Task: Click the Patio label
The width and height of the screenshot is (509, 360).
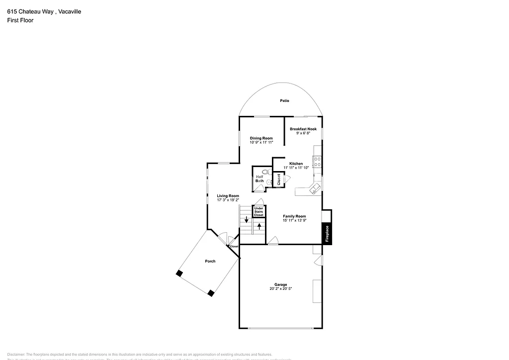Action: [x=284, y=101]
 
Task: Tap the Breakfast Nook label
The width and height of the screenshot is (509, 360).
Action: [x=303, y=129]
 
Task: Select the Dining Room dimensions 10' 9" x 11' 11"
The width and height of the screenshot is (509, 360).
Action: [x=261, y=143]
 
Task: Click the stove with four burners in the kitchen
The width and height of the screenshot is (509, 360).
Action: [x=317, y=161]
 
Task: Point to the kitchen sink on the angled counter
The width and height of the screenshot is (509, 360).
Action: [x=314, y=188]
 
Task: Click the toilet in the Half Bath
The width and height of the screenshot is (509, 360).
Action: [x=265, y=172]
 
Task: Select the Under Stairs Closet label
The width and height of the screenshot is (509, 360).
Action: [x=258, y=211]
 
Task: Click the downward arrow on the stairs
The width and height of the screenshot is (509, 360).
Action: [x=246, y=219]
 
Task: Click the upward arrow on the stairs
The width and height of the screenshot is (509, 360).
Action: [x=259, y=226]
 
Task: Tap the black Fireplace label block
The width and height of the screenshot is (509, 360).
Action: [x=327, y=234]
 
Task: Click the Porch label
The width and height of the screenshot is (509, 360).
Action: [x=210, y=261]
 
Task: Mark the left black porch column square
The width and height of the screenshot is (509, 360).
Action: [x=179, y=273]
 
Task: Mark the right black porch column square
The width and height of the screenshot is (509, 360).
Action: [x=211, y=293]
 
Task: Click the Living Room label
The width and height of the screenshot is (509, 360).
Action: [x=228, y=196]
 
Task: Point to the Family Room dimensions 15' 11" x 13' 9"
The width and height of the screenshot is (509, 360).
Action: [x=294, y=220]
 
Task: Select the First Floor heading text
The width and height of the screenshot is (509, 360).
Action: [x=20, y=20]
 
